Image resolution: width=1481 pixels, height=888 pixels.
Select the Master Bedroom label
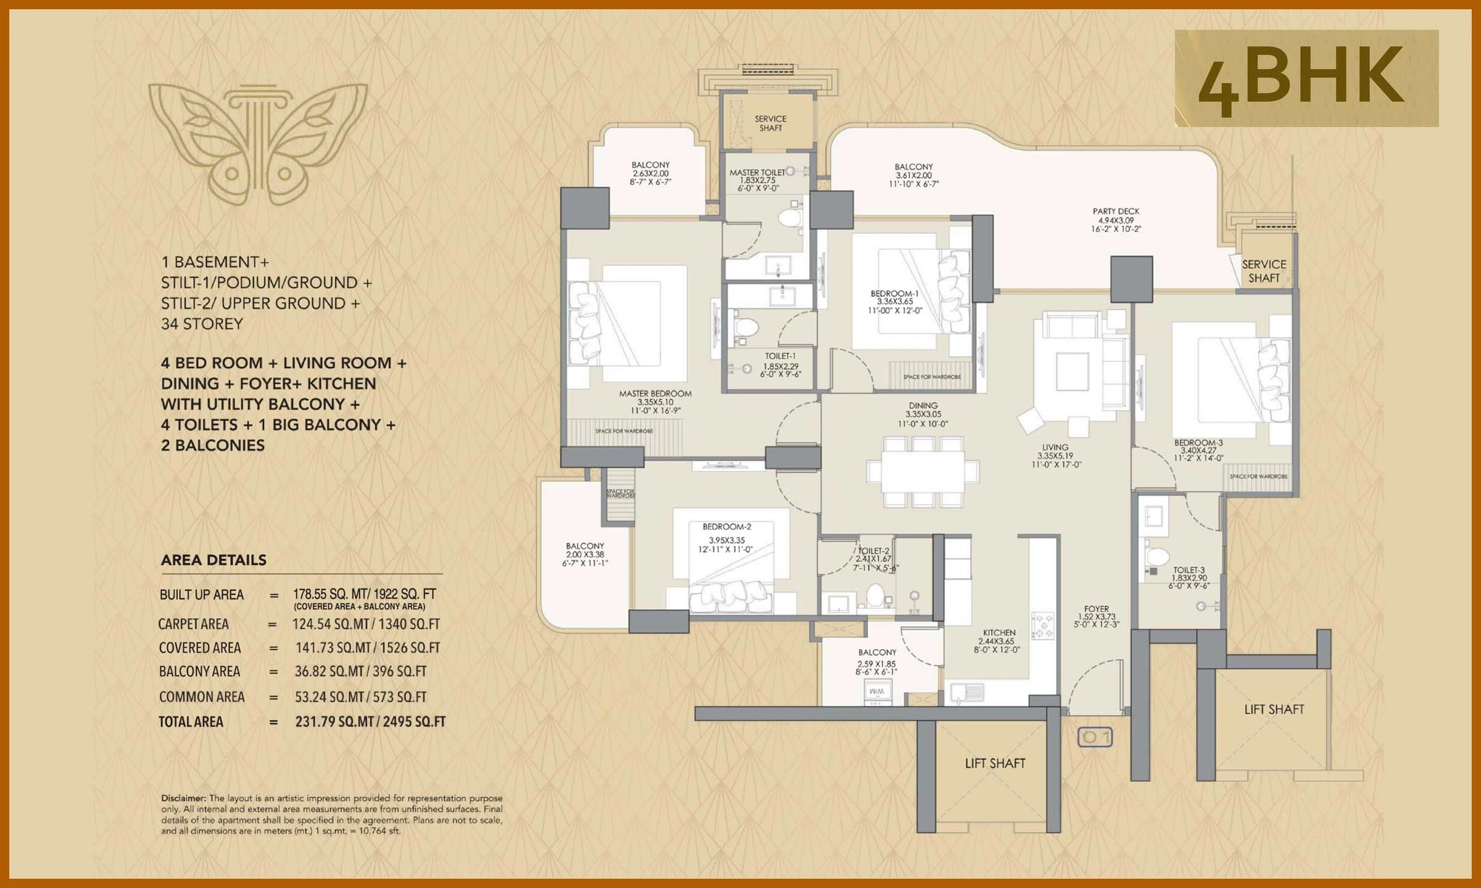655,393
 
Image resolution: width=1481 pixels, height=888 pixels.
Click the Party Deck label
1116,212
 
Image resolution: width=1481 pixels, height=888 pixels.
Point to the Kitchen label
999,633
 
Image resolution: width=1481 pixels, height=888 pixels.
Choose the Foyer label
1096,609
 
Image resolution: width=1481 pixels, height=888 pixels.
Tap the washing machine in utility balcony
876,692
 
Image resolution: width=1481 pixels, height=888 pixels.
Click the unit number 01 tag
1095,737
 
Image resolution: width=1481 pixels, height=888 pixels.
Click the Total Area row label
191,721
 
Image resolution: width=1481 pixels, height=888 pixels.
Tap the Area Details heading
214,560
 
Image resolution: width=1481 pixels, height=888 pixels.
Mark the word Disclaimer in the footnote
183,798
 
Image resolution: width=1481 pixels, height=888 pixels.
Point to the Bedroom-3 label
1198,443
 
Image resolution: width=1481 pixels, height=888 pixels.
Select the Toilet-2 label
874,551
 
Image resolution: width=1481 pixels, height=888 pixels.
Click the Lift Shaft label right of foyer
1274,709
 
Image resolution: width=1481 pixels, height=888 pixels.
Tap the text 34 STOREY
202,324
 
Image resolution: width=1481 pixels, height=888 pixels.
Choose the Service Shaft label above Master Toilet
770,123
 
